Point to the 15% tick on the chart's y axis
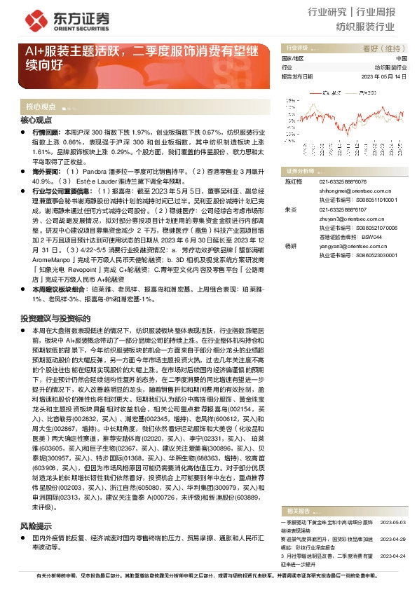pos(289,101)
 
